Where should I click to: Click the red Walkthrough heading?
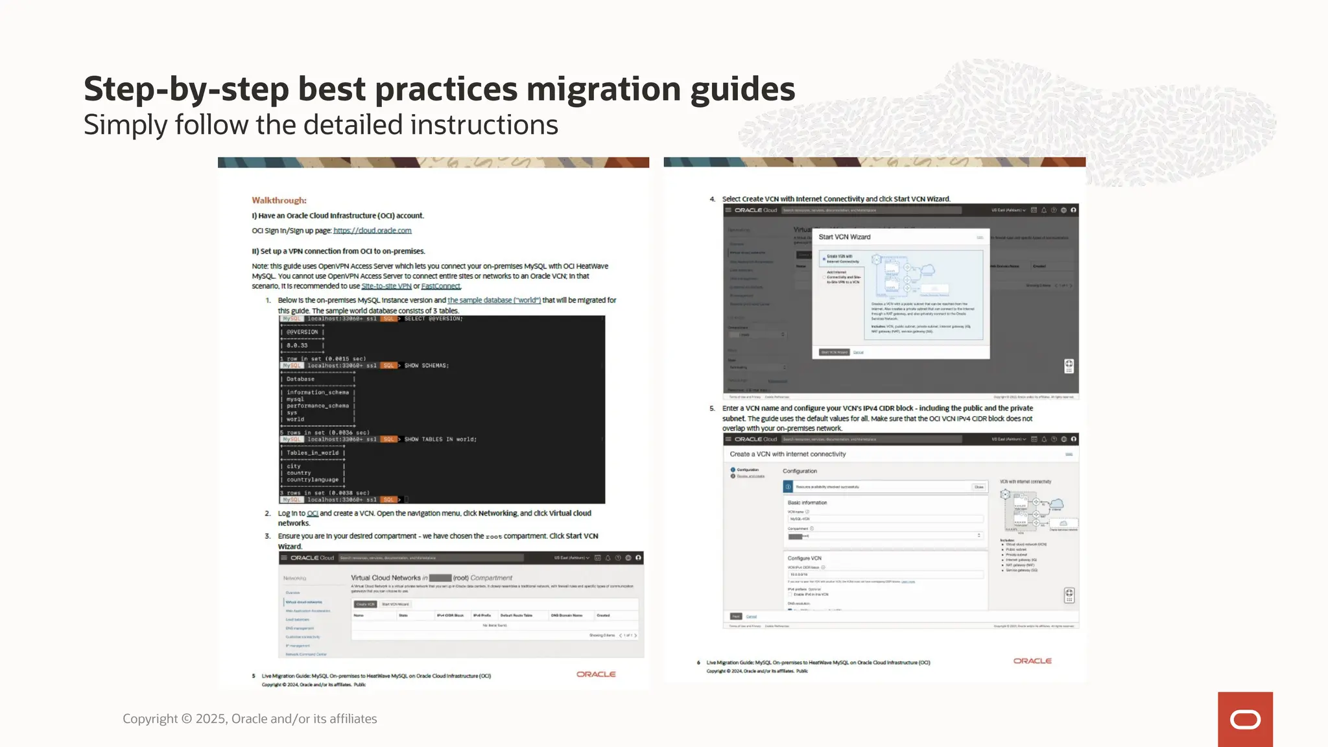pos(279,200)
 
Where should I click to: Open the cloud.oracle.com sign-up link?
pos(372,230)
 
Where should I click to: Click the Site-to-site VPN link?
pos(386,286)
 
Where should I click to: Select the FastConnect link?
pos(440,286)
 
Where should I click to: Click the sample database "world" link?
pos(493,300)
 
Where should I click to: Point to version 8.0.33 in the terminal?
pos(297,346)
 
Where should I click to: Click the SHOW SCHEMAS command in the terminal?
pos(426,366)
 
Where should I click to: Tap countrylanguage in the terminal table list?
pos(313,480)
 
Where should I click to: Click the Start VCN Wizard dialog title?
pos(844,237)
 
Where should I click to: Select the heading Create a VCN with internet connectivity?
pos(787,454)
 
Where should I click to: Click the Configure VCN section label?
pos(804,558)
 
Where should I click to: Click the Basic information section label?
pos(807,503)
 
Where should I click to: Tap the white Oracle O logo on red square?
pos(1245,720)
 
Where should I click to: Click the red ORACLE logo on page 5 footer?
pos(596,674)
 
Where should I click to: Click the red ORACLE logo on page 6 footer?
pos(1032,661)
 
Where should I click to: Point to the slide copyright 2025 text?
pos(250,718)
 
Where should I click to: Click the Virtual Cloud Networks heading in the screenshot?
pos(386,578)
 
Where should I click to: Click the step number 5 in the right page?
pos(711,409)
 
